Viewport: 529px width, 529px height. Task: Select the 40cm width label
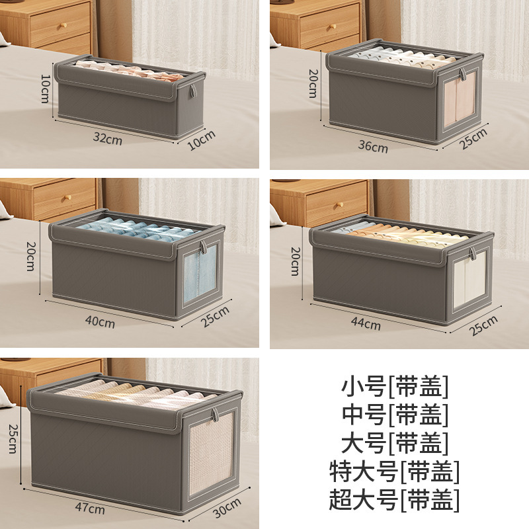[x=101, y=323]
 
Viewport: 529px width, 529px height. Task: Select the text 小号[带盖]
[x=395, y=385]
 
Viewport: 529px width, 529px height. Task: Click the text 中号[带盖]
[x=395, y=414]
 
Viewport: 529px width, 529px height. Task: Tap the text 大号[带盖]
[x=395, y=442]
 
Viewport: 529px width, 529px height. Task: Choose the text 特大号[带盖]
[x=395, y=471]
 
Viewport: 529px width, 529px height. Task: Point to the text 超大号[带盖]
[x=395, y=500]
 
